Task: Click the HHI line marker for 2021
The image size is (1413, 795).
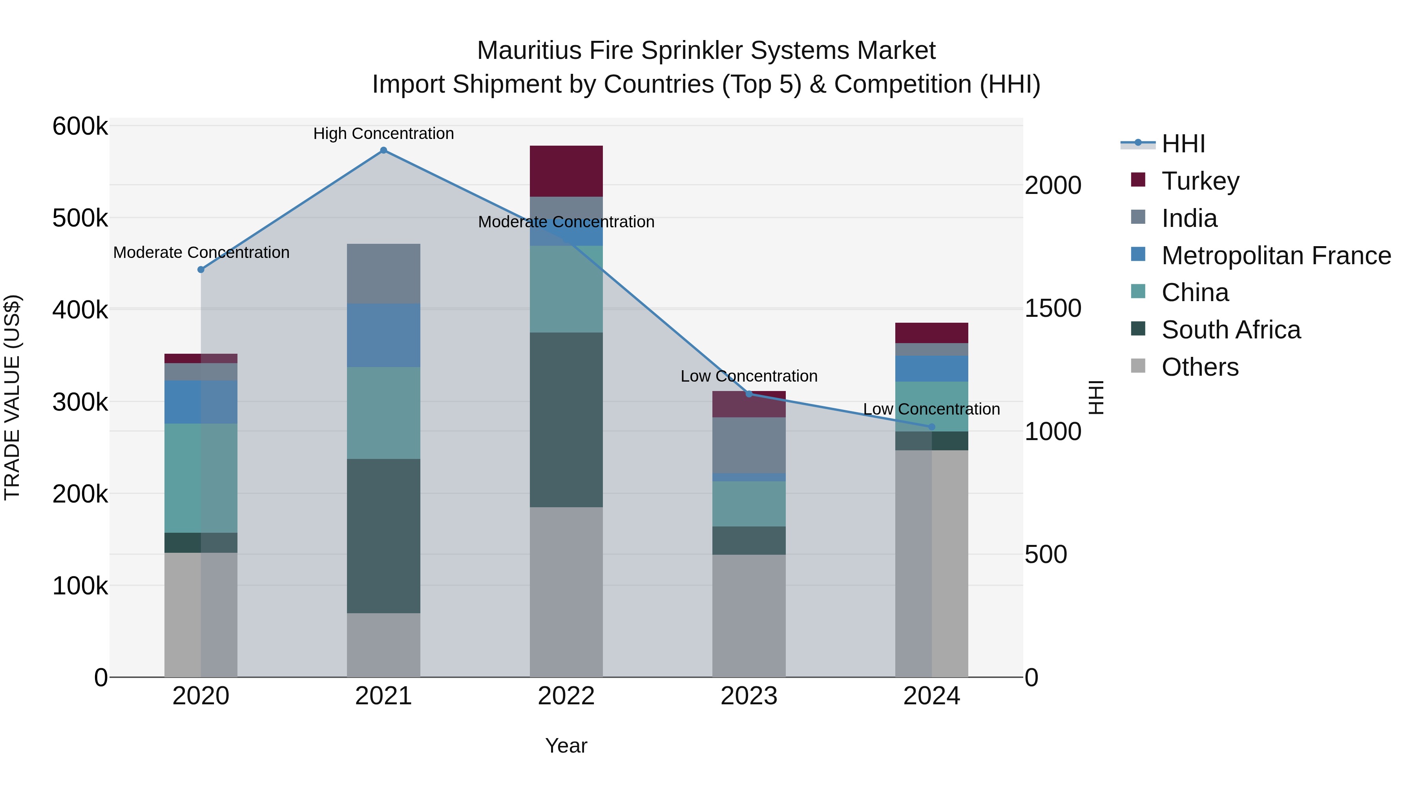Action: tap(383, 150)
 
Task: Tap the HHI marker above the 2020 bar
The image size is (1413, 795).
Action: tap(201, 269)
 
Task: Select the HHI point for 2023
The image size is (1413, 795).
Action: tap(749, 394)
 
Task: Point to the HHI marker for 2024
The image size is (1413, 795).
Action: tap(931, 427)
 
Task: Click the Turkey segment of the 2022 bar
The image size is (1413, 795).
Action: tap(566, 171)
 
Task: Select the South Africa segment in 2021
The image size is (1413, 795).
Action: tap(383, 535)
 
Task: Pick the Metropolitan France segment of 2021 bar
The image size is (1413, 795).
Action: tap(383, 335)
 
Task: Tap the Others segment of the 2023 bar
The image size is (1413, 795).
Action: tap(749, 616)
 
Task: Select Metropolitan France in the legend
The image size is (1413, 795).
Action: tap(1276, 256)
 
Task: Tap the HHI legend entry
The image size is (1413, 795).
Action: tap(1183, 144)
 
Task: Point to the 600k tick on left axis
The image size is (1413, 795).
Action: tap(80, 126)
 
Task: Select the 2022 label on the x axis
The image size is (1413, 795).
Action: tap(566, 696)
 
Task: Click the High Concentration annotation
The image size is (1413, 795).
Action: tap(383, 133)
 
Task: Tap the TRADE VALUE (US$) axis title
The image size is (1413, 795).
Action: tap(12, 397)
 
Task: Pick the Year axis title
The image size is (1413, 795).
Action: tap(566, 746)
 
